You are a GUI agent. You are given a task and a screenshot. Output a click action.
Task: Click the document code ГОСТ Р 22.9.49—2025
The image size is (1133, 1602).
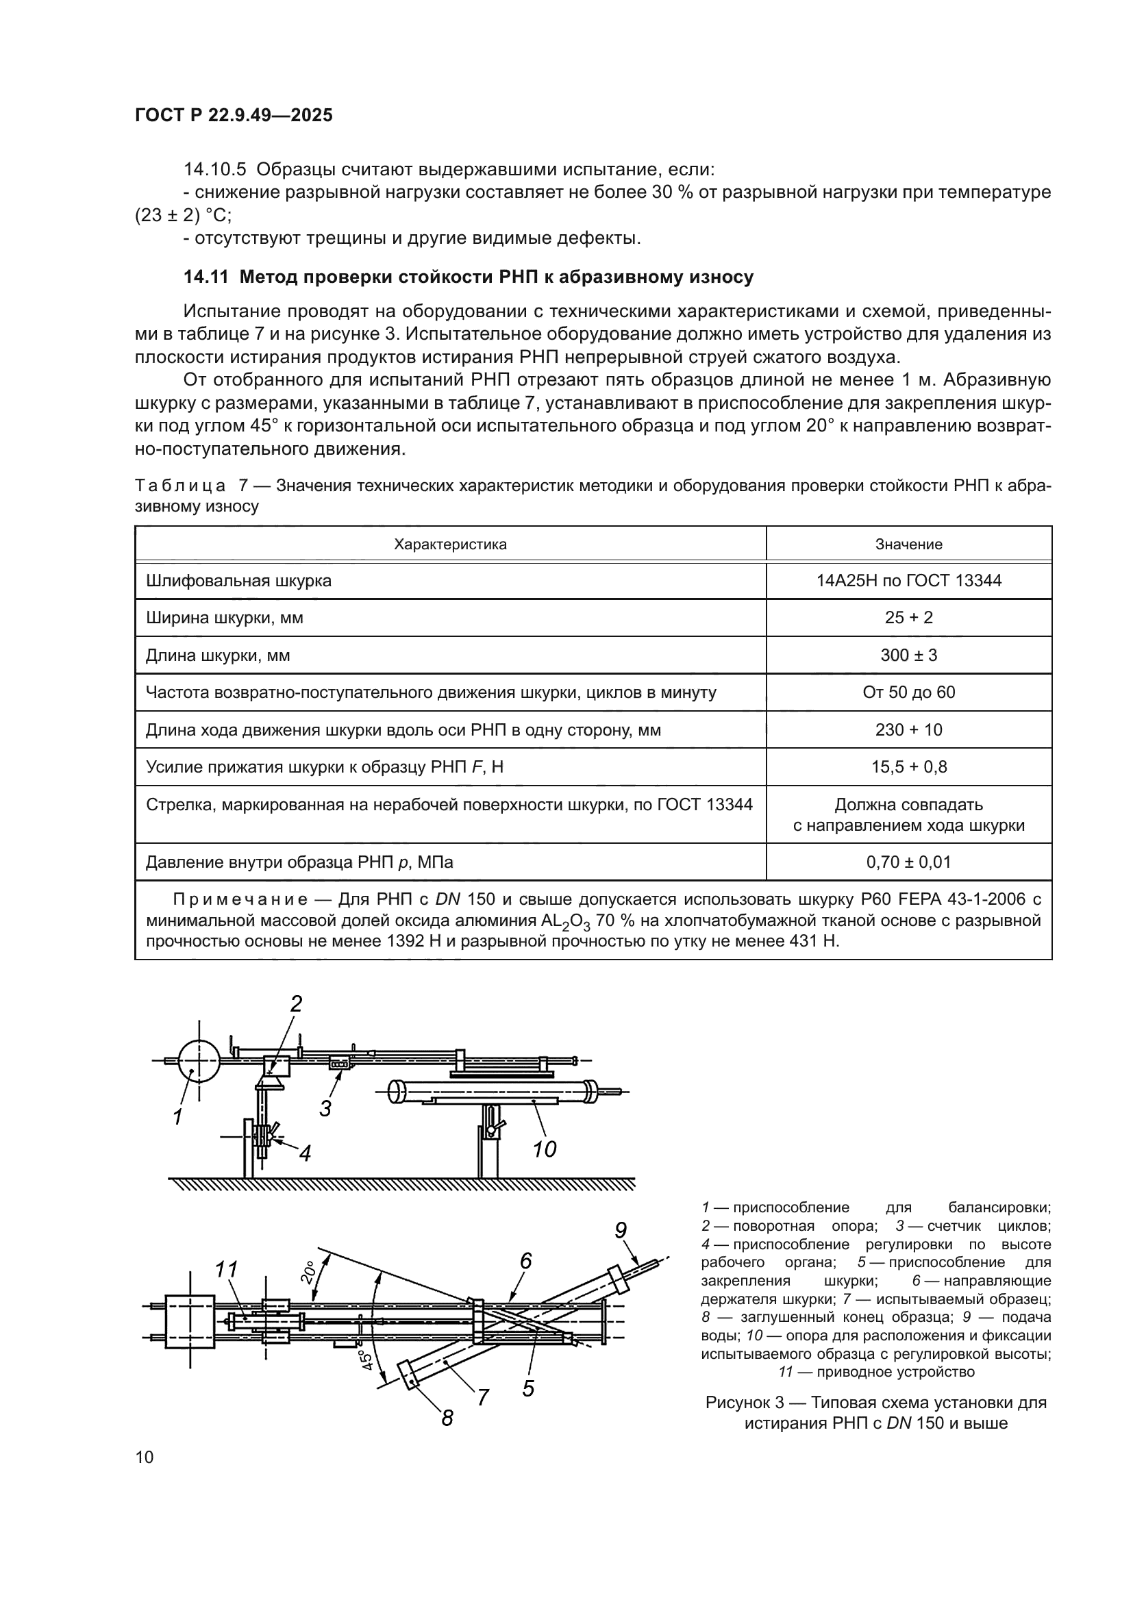click(x=234, y=116)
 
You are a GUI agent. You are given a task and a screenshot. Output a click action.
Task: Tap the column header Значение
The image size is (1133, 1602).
click(x=908, y=545)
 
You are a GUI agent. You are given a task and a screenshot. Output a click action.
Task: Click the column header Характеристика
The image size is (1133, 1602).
click(x=450, y=545)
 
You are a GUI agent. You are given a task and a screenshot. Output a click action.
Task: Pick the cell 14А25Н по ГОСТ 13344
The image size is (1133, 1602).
click(x=908, y=581)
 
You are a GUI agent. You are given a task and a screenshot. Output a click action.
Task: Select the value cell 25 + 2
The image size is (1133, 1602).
click(x=908, y=618)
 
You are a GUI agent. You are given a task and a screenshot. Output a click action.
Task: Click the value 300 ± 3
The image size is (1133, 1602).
click(x=908, y=655)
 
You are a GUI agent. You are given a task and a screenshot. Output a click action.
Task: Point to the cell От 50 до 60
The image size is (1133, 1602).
click(x=908, y=692)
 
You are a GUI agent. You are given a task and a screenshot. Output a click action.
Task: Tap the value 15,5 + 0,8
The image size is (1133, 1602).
click(x=908, y=767)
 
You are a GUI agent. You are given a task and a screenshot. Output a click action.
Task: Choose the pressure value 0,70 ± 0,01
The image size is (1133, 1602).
click(x=908, y=862)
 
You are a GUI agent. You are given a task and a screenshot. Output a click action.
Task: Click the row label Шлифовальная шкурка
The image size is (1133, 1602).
click(x=238, y=581)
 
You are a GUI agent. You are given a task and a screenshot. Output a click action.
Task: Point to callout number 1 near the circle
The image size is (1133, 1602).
click(x=178, y=1117)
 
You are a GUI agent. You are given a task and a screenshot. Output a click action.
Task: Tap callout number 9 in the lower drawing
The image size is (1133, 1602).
click(x=621, y=1229)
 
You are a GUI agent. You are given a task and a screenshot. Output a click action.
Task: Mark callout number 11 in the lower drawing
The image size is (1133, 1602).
click(x=226, y=1268)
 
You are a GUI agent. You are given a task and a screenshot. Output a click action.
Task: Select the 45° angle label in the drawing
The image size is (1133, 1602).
click(x=366, y=1360)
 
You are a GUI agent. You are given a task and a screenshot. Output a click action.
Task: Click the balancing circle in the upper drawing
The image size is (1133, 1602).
click(x=199, y=1060)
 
